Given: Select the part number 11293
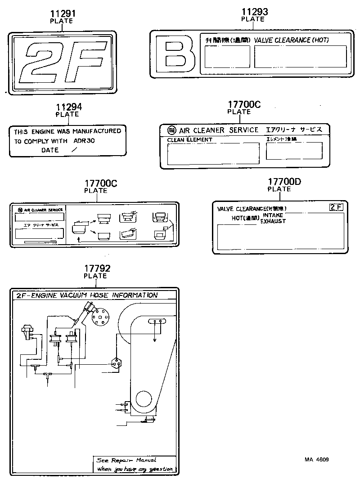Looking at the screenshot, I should point(254,12).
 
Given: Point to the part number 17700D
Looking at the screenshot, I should point(284,182).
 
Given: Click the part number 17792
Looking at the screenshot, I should point(97,268).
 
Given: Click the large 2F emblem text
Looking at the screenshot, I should point(63,63).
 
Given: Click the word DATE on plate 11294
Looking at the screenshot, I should point(50,150).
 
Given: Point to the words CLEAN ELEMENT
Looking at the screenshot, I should point(189,140).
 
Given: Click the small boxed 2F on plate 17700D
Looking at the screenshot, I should point(336,207).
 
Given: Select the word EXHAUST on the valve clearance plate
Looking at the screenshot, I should point(273,221).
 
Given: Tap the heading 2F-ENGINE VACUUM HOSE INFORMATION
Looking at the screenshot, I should point(87,295).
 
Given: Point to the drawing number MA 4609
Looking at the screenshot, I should point(316,460).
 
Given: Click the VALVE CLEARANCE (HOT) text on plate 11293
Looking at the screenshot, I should point(291,40).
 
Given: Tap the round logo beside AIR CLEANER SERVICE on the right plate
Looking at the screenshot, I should point(171,130).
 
